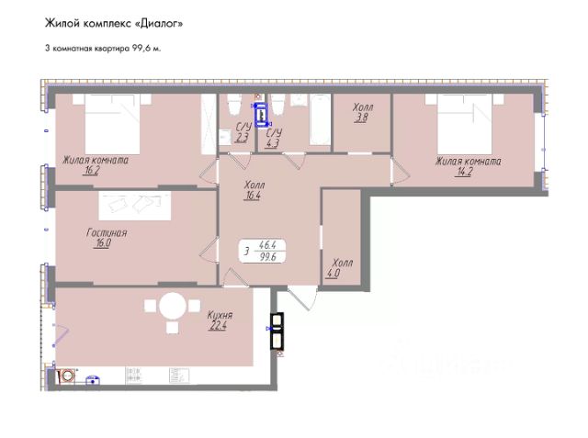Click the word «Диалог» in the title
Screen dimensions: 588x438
pos(158,24)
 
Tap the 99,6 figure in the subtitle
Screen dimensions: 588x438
pos(141,49)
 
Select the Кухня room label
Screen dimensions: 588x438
pos(220,315)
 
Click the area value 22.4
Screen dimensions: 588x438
pos(218,326)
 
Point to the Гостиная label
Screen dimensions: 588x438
pos(107,232)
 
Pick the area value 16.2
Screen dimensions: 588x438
pos(92,171)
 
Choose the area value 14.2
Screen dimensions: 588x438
pos(465,172)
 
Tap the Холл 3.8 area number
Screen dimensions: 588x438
pos(361,118)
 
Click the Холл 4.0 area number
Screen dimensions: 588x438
pos(334,273)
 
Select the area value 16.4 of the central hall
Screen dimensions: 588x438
pos(252,196)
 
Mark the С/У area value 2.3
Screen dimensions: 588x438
pos(242,138)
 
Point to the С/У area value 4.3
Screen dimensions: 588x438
pos(272,143)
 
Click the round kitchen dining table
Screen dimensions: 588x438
pos(173,306)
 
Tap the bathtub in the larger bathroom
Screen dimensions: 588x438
pos(320,119)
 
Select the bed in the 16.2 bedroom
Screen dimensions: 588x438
pos(112,124)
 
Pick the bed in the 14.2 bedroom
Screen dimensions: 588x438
pos(465,124)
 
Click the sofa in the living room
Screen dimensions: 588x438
pos(135,206)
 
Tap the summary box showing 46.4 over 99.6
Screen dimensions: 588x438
pos(263,251)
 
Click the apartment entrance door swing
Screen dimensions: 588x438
pos(303,298)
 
